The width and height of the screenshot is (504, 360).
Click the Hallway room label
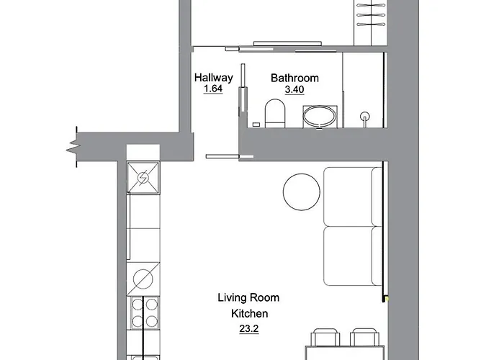coord(214,78)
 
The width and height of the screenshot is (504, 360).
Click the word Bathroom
coord(294,78)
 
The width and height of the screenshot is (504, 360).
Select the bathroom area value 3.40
coord(294,90)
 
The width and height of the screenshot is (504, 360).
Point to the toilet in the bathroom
coord(274,114)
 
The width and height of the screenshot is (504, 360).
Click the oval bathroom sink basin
coord(319,116)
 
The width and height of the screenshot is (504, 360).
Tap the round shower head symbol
coord(365,115)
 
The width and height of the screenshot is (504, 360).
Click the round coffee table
coord(302,192)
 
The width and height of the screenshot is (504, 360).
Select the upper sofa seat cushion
coord(352,197)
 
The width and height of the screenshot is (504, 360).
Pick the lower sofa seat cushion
coord(352,256)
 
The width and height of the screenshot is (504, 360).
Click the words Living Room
coord(248,297)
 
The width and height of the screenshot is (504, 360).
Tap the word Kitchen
coord(249,313)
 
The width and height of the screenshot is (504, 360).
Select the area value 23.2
coord(249,329)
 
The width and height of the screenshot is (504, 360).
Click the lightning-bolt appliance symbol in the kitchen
coord(143,178)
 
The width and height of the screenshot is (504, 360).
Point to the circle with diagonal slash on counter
coord(143,279)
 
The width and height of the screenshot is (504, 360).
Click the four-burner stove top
coord(143,312)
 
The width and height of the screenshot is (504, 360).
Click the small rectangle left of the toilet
coord(255,124)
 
